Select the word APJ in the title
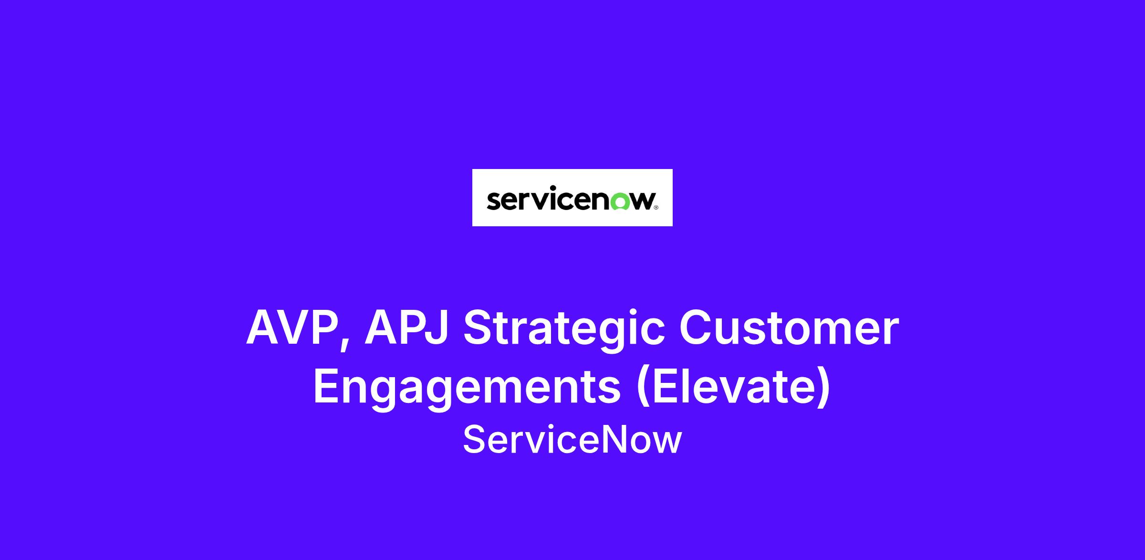click(x=406, y=328)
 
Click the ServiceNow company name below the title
click(x=572, y=440)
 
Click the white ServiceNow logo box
click(x=572, y=198)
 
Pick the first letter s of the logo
click(x=493, y=201)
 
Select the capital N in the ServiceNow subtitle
click(x=611, y=439)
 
